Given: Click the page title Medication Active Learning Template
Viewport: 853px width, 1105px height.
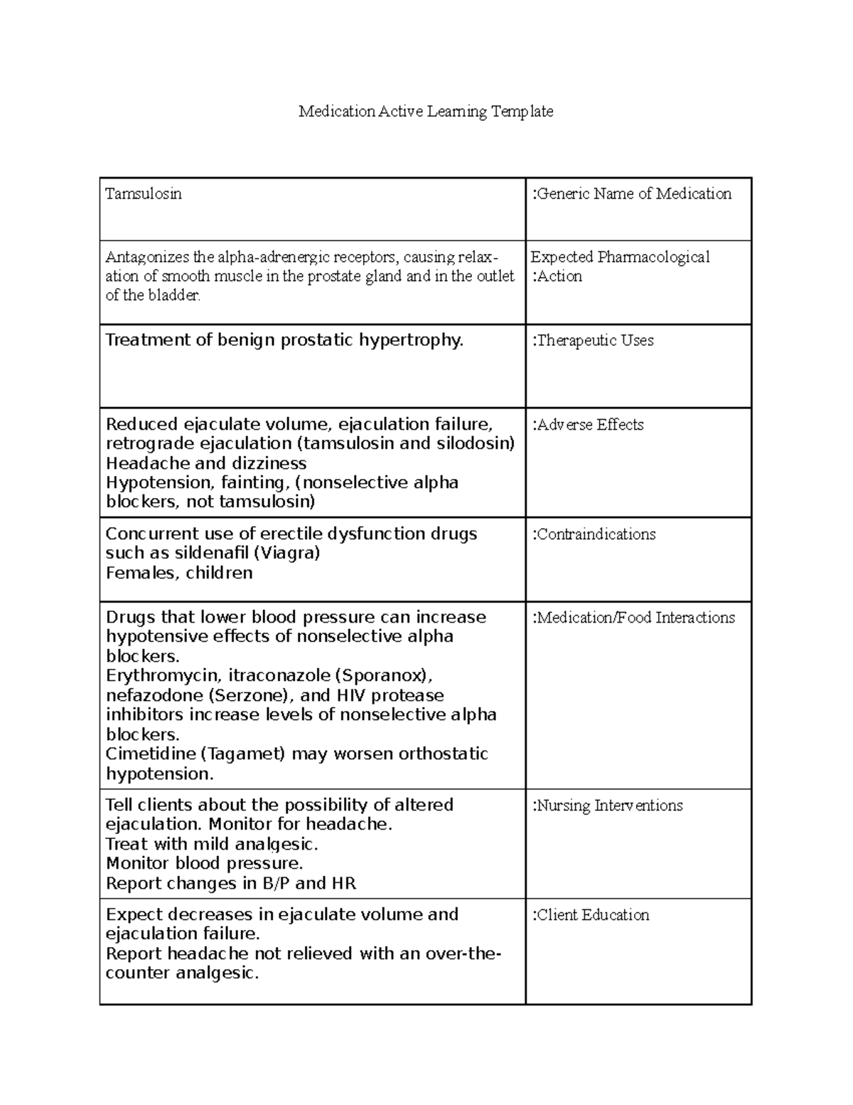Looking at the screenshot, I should (425, 111).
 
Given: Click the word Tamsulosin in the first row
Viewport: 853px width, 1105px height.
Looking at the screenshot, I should (144, 194).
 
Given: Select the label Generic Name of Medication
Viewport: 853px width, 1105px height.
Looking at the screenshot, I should (633, 194).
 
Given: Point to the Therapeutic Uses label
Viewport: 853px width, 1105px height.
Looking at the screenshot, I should (594, 340).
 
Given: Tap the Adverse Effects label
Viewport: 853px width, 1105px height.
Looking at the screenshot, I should (589, 425).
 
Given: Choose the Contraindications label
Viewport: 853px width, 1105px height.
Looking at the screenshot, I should (594, 534).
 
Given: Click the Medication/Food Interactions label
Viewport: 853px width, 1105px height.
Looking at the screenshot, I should (634, 618).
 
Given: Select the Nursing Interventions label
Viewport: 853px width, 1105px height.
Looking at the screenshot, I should (608, 805).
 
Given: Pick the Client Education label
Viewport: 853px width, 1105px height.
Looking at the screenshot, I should (591, 915).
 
